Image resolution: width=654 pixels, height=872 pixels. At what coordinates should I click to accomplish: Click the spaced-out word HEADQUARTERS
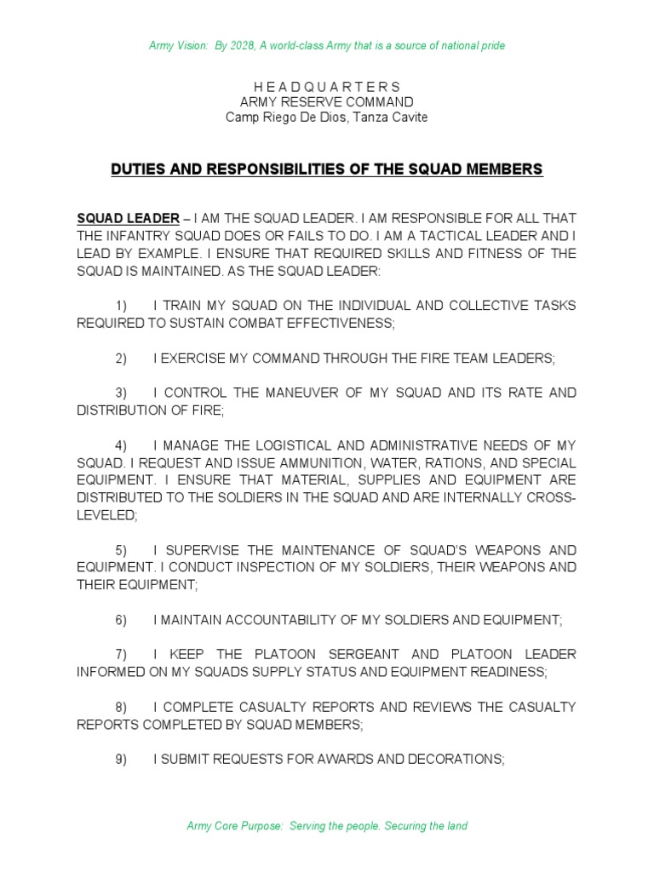click(x=327, y=87)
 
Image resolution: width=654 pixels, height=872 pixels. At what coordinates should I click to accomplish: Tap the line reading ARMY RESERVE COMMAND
click(x=327, y=102)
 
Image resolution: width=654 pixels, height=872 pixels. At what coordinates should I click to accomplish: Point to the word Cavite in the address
click(x=408, y=118)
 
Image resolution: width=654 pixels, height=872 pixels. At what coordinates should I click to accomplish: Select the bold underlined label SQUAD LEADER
click(x=128, y=218)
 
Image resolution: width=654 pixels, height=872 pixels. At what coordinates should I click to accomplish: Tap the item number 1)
click(x=121, y=306)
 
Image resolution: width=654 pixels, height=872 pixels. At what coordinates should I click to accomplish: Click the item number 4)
click(x=121, y=445)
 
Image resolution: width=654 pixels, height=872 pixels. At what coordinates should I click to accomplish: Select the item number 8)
click(x=121, y=707)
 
